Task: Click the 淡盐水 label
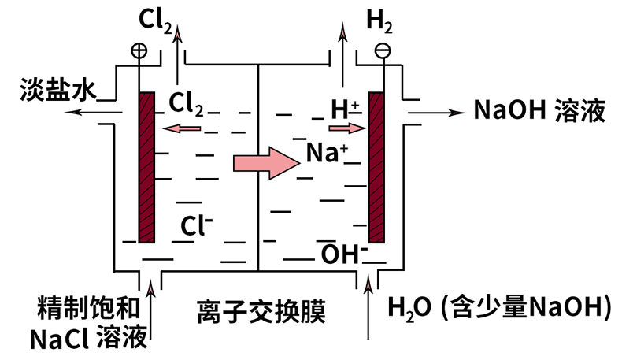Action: click(48, 92)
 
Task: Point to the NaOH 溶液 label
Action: click(539, 109)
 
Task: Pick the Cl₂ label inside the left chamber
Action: click(187, 103)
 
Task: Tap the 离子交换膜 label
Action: click(261, 312)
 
